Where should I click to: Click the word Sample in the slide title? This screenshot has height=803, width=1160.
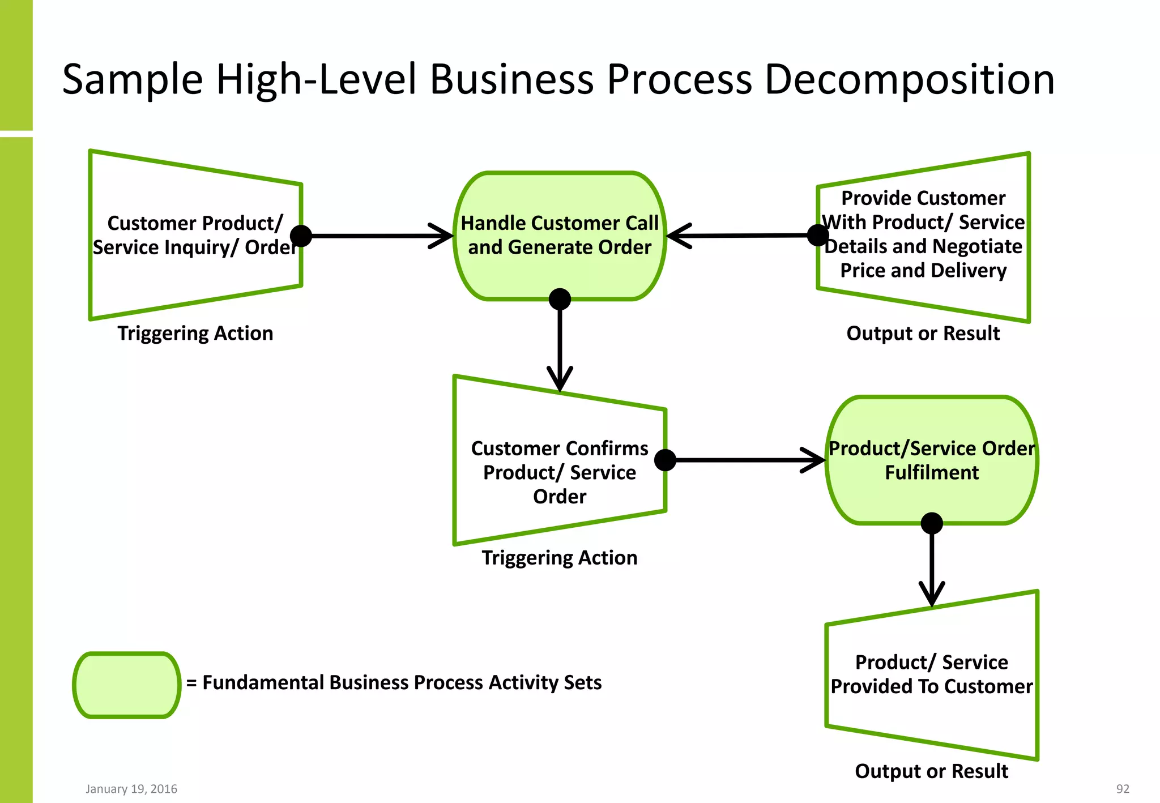132,79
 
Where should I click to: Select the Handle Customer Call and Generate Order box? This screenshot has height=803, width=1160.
560,236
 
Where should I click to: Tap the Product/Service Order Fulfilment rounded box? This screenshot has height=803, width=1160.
932,460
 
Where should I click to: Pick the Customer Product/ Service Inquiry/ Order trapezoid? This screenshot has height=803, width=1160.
195,235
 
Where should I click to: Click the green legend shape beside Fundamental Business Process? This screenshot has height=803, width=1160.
127,685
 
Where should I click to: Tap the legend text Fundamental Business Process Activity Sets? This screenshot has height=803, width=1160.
402,683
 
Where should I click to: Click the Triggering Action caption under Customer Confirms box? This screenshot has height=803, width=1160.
559,558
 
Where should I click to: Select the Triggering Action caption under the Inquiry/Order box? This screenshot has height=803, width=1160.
195,334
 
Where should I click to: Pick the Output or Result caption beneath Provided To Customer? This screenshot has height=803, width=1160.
932,771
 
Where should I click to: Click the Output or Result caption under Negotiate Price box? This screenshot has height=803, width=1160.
923,334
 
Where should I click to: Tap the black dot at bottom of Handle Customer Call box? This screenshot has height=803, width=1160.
560,299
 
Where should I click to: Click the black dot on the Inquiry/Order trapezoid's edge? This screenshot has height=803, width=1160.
301,236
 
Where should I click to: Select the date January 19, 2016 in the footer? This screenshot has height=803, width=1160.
131,789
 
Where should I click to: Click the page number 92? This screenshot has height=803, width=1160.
1123,789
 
